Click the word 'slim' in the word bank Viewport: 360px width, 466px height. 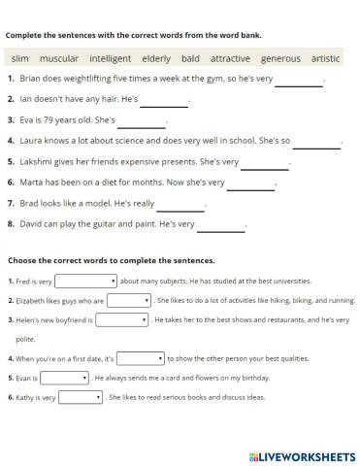tap(20, 59)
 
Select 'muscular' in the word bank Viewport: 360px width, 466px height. tap(59, 59)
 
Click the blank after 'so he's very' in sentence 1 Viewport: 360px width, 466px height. tap(298, 81)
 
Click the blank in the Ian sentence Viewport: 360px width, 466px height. tap(164, 101)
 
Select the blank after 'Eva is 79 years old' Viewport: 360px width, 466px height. tap(141, 122)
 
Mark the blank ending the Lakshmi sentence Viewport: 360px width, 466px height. tap(265, 163)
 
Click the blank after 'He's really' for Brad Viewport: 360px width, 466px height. tap(180, 205)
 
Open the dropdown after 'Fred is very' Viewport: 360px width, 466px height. tap(85, 282)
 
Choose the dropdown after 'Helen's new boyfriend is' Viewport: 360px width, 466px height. tap(121, 319)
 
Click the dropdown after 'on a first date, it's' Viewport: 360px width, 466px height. tap(141, 358)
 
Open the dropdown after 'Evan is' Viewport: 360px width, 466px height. tap(65, 378)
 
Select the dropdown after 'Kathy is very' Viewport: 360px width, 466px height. tap(81, 397)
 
